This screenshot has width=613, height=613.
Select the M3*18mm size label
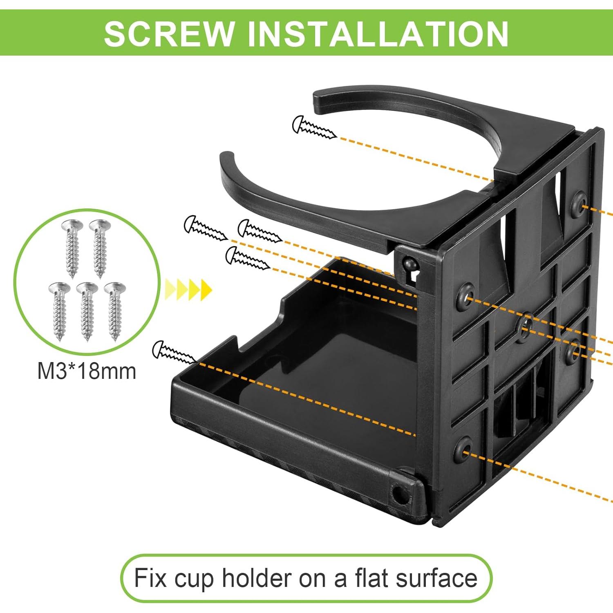click(87, 371)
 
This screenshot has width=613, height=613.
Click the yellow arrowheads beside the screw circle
click(188, 290)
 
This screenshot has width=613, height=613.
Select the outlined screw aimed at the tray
click(174, 352)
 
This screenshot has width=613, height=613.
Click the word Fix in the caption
click(150, 578)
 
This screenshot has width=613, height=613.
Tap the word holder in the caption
click(257, 578)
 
